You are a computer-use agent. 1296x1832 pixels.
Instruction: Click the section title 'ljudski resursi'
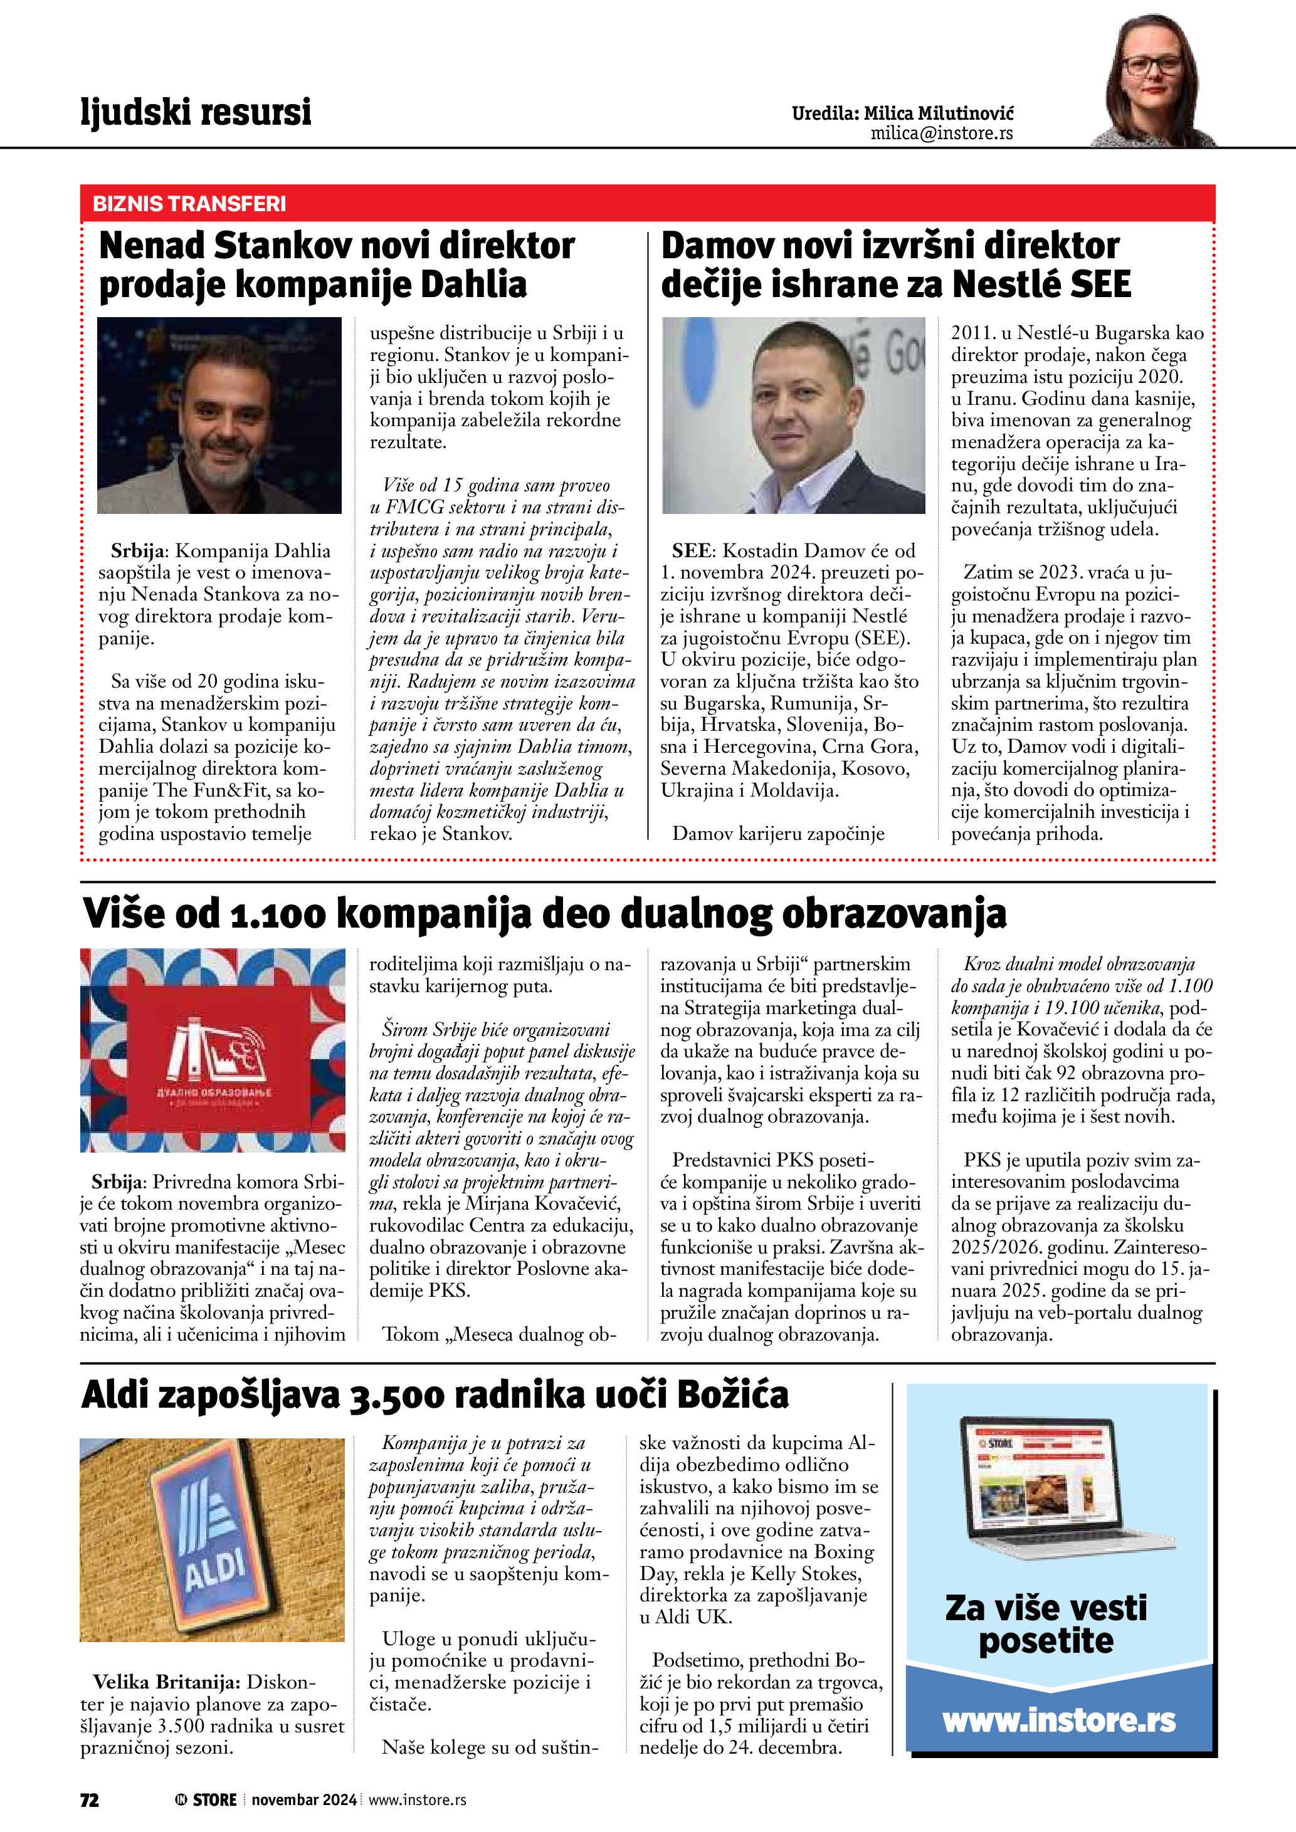tap(196, 112)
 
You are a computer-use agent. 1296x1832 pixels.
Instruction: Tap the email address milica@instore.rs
tap(941, 133)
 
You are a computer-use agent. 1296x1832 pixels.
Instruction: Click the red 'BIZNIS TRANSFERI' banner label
tap(189, 204)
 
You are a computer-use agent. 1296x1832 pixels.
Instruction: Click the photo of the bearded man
tap(219, 415)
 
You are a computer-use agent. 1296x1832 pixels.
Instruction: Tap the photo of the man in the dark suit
tap(793, 415)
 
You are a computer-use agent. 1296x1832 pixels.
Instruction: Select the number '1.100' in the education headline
tap(278, 914)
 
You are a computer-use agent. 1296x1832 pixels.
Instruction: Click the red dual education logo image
tap(213, 1050)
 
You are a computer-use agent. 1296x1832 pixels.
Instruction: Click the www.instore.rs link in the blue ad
tap(1059, 1720)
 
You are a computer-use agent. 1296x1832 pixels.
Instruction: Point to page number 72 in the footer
tap(90, 1799)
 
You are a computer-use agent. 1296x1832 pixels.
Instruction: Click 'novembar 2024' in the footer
tap(304, 1799)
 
